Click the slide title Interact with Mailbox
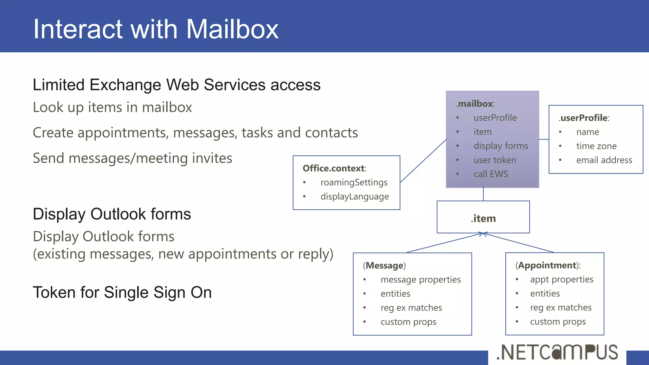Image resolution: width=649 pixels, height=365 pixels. [156, 29]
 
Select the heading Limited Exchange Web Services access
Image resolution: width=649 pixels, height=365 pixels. [177, 85]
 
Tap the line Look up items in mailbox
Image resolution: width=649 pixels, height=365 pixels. [112, 107]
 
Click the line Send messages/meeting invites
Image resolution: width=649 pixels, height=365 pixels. [132, 158]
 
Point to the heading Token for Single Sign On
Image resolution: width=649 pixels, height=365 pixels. [122, 292]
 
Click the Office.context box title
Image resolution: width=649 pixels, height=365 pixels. [334, 168]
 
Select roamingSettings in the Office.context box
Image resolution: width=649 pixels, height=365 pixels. [354, 182]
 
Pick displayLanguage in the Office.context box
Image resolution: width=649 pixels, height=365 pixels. [354, 196]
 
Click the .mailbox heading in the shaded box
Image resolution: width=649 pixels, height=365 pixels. [475, 104]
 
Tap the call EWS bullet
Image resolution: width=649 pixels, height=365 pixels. [490, 174]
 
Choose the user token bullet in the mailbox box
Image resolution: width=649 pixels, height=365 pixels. [494, 160]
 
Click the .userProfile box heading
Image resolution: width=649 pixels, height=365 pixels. [584, 118]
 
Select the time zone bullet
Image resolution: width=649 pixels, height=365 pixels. [596, 146]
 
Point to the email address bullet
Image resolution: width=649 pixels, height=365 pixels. [604, 160]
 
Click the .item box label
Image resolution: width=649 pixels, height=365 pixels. [483, 218]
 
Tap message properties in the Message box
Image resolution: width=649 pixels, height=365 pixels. [421, 279]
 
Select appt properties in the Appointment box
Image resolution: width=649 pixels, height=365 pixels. [561, 279]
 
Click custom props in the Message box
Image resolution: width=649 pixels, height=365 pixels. [408, 322]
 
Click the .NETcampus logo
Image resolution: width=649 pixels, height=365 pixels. [557, 352]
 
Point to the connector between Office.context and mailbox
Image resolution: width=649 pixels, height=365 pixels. [423, 161]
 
